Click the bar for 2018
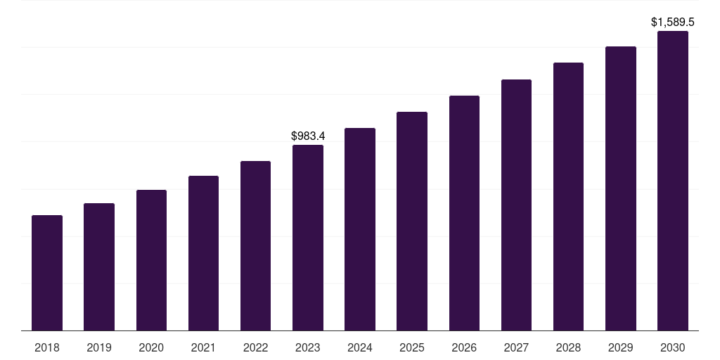click(47, 273)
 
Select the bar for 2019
click(99, 267)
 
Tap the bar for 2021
click(203, 253)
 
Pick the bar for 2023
click(308, 238)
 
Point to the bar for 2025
click(412, 221)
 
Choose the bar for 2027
click(516, 205)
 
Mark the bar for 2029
click(621, 188)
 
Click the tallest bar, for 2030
click(673, 181)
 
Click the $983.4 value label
click(308, 136)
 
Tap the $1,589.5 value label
click(673, 22)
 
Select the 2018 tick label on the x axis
click(47, 347)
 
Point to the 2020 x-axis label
click(151, 347)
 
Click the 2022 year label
click(255, 347)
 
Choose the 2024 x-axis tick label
click(360, 347)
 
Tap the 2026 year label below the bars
click(464, 347)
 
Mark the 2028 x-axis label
click(568, 347)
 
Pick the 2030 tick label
click(673, 347)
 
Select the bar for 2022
click(255, 246)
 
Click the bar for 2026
click(464, 213)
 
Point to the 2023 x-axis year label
click(308, 347)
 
